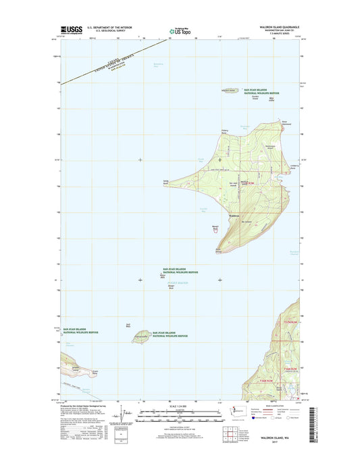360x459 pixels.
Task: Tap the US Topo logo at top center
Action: coord(179,30)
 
